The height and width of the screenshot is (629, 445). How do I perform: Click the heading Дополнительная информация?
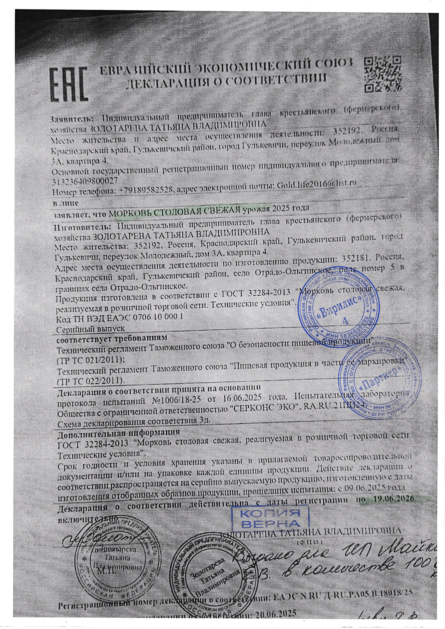click(x=118, y=433)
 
